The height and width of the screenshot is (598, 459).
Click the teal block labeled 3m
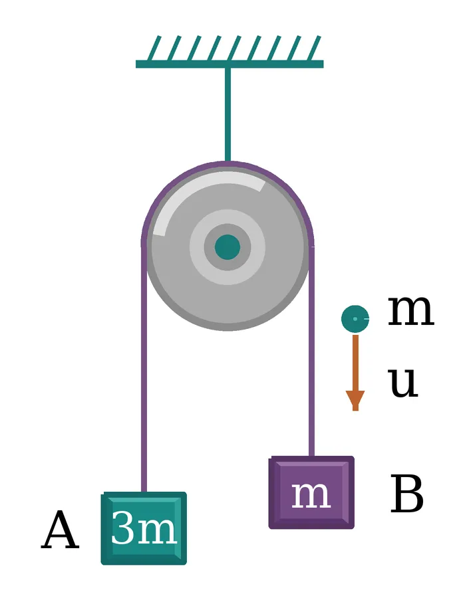pos(144,528)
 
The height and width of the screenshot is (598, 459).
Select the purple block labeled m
pos(311,492)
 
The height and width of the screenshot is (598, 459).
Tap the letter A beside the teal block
pos(60,530)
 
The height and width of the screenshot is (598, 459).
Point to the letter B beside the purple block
pos(407,494)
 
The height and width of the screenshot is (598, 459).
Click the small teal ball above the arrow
pos(355,318)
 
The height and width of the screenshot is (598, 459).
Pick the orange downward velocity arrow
pos(355,373)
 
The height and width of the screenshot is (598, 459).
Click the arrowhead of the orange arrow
pos(355,401)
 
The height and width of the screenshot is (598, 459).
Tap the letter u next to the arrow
pos(403,383)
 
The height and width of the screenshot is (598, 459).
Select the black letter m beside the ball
pos(411,311)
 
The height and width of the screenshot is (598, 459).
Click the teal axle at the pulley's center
pos(228,247)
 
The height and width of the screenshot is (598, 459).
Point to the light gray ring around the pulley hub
pos(228,215)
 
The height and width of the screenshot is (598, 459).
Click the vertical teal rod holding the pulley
pos(228,114)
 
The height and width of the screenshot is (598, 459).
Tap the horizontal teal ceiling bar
pos(230,64)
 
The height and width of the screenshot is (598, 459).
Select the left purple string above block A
pos(144,368)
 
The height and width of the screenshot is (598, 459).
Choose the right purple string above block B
pos(311,351)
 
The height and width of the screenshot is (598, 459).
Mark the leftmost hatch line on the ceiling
pos(154,49)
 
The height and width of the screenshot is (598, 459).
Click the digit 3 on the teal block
pos(122,528)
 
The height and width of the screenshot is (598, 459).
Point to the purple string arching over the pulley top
pos(228,164)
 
